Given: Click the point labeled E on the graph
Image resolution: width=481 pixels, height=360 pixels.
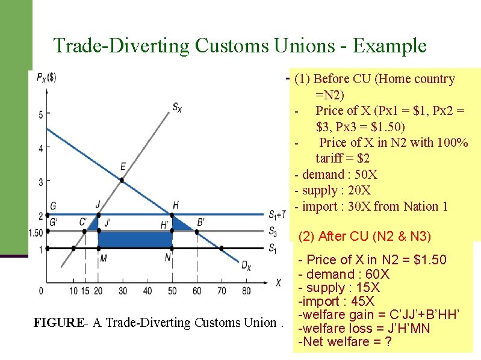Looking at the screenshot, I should click(122, 179).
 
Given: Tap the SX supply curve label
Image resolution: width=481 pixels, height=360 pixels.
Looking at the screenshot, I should click(176, 108).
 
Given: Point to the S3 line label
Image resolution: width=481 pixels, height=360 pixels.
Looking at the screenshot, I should click(273, 231).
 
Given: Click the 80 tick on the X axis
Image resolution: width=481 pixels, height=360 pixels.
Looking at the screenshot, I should click(246, 291).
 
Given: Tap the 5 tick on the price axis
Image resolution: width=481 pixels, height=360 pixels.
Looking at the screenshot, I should click(41, 114).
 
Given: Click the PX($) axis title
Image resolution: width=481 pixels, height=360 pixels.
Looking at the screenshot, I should click(46, 78).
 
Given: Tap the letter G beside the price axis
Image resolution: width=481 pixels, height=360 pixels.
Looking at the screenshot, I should click(54, 205).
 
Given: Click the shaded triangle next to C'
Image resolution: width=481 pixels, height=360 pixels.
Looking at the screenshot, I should click(93, 225).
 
